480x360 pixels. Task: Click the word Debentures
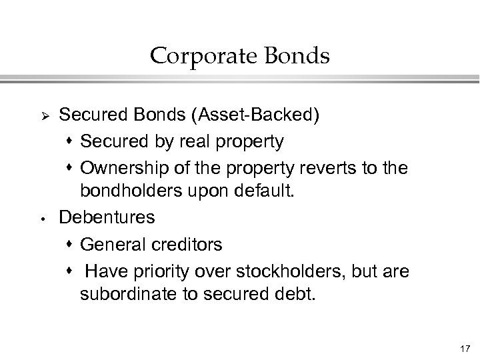(107, 217)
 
